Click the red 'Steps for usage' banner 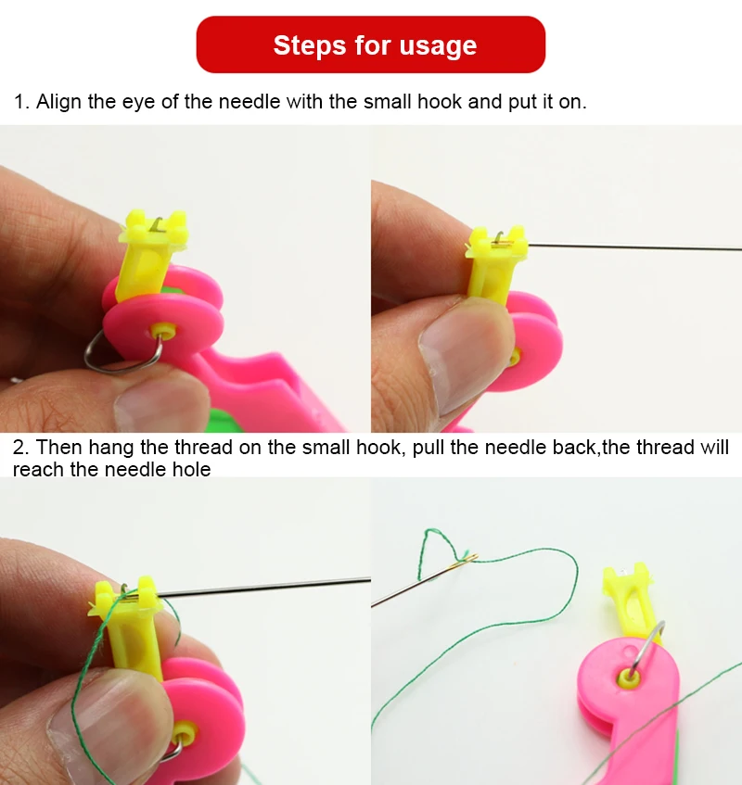point(370,44)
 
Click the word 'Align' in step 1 point(58,102)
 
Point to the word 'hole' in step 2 point(190,470)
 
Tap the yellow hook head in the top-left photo point(155,228)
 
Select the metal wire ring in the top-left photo point(111,356)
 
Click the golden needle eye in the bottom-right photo point(464,558)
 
